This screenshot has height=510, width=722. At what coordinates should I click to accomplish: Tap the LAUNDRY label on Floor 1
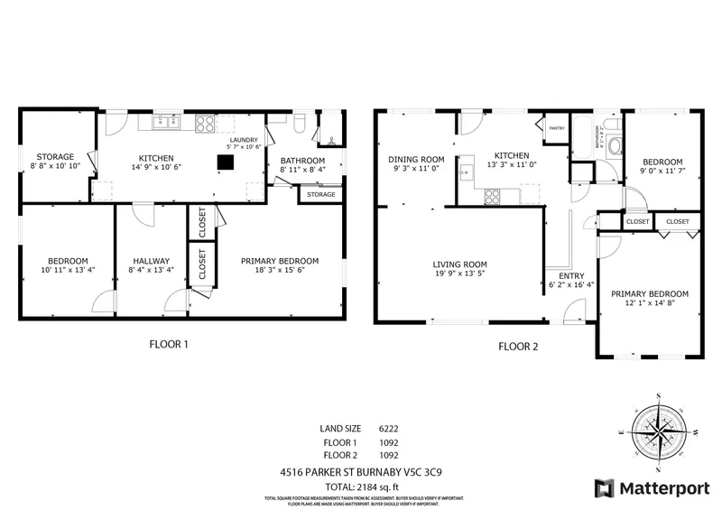pos(244,141)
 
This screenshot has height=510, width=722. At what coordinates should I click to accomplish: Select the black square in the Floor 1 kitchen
pos(225,162)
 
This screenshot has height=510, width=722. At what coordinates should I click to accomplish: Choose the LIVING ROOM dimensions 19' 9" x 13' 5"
pos(459,274)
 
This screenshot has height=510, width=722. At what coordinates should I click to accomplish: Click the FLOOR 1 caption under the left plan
pos(169,344)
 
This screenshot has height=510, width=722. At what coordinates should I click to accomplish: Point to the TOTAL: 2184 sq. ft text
pos(360,487)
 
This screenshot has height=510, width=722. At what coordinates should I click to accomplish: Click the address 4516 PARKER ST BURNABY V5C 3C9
pos(360,471)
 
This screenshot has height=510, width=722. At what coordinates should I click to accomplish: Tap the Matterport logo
pos(649,488)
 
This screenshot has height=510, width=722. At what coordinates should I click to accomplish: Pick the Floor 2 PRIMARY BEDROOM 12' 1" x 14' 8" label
pos(649,299)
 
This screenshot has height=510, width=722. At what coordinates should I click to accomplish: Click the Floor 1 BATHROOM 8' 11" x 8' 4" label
pos(302,165)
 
